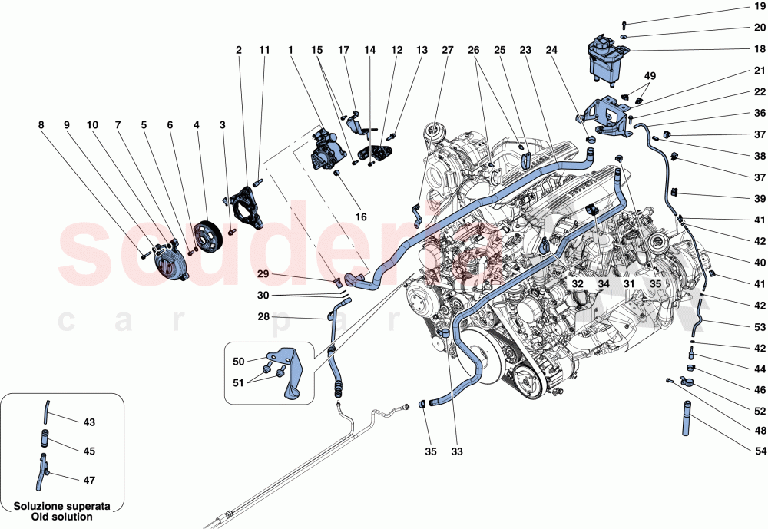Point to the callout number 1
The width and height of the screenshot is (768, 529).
click(x=292, y=50)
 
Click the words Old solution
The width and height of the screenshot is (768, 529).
click(x=62, y=517)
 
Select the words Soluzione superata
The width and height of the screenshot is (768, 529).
click(x=62, y=507)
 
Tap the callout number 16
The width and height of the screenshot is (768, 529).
click(x=361, y=217)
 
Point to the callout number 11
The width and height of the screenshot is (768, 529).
click(x=263, y=50)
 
